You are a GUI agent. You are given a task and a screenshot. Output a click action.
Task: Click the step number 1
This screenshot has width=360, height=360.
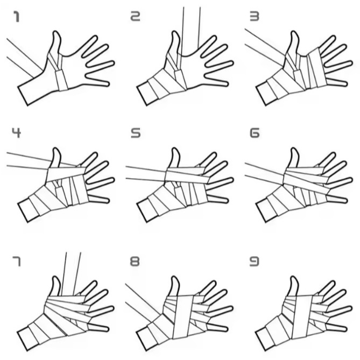pos(16,17)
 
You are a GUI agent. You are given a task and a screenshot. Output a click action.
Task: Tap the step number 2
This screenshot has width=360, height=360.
pos(136,17)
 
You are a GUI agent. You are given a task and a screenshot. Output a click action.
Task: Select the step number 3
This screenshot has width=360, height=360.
pos(255,17)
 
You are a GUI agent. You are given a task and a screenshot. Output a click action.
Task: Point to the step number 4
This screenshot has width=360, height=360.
pos(16,133)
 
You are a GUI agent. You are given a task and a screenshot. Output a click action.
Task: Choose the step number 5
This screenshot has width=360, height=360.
pos(136,133)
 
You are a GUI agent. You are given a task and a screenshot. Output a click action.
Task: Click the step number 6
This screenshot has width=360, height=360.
pos(255,133)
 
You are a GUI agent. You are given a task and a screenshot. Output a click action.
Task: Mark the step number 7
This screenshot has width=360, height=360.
pos(16,262)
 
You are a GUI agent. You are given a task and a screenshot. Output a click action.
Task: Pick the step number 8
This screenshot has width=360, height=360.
pos(135,262)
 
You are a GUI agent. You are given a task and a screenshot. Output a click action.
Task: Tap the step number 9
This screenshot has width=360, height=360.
pos(255,262)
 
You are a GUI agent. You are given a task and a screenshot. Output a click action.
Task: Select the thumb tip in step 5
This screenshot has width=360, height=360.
pos(175,149)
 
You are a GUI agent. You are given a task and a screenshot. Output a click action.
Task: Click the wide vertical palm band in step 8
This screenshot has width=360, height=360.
pos(183,317)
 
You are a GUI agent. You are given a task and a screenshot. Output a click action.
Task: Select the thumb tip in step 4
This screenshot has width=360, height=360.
pos(56,149)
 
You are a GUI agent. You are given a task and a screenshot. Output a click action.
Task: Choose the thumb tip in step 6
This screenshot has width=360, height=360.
pos(294,149)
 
